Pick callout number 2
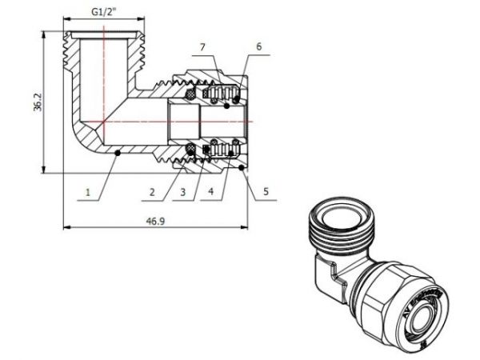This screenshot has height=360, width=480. pyautogui.click(x=152, y=193)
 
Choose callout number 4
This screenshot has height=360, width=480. pyautogui.click(x=213, y=193)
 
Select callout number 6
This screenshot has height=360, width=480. pyautogui.click(x=258, y=47)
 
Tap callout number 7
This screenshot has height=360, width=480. pyautogui.click(x=203, y=47)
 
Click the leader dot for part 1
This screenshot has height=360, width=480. pyautogui.click(x=118, y=152)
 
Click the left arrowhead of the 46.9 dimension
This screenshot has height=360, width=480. pyautogui.click(x=65, y=227)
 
